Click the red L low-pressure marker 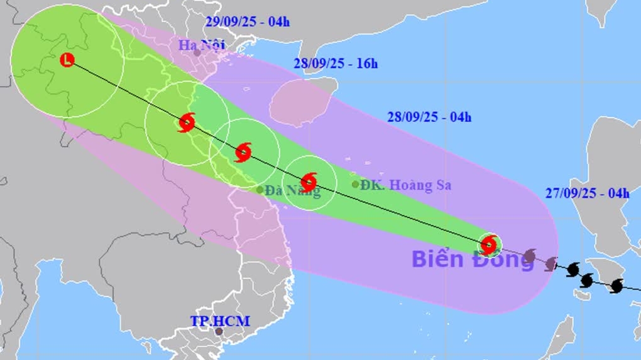(67, 60)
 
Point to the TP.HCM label (220, 321)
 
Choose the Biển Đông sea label (473, 258)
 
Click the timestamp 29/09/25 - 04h (248, 22)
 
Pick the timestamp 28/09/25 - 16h (336, 63)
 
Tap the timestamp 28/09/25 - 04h (429, 117)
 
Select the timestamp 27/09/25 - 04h (587, 193)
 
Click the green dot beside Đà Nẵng (260, 189)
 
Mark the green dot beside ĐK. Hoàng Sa (356, 184)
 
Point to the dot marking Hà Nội (197, 53)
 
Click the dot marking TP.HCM (219, 331)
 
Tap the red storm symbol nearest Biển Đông (489, 244)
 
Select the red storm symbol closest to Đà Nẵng (309, 182)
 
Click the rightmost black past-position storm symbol (616, 286)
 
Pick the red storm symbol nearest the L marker (186, 123)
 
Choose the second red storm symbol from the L (243, 151)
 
